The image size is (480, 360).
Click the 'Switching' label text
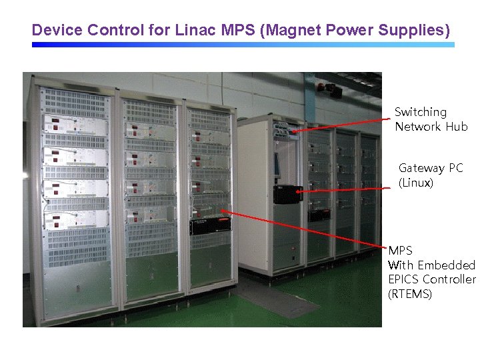coord(420,112)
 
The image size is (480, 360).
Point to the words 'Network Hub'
coord(431,127)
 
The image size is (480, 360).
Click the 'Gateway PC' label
coord(430,168)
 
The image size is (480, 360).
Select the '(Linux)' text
coord(416,183)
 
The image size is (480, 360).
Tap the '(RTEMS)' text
coord(410,294)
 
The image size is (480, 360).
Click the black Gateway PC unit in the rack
coord(288,194)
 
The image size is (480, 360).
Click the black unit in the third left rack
coord(210,226)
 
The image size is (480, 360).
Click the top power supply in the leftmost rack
coord(75,125)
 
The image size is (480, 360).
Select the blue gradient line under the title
coord(243,45)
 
